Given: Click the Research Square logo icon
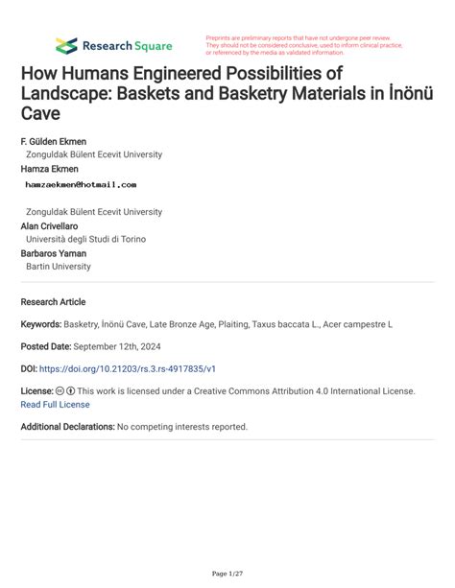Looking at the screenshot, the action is [x=66, y=45].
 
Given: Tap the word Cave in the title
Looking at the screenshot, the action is [x=39, y=113].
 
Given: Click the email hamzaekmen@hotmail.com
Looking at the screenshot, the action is [x=81, y=184].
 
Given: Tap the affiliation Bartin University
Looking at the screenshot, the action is [x=59, y=267].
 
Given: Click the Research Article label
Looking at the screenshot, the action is [x=53, y=301].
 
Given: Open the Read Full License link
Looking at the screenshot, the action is [x=56, y=405].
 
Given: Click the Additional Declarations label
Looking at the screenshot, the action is [x=67, y=426].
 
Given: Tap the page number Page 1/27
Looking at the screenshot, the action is [x=227, y=574].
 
